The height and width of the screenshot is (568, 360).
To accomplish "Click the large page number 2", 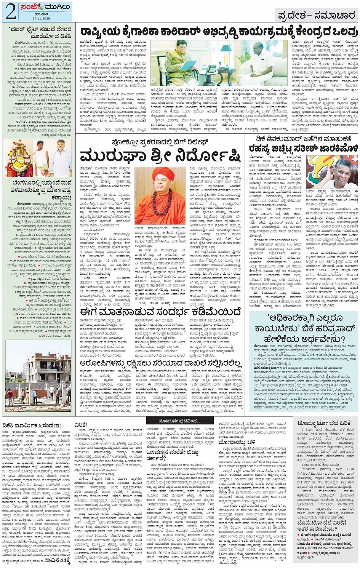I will pyautogui.click(x=11, y=11).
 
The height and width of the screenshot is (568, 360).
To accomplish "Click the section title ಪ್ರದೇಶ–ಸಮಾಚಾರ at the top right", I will pyautogui.click(x=317, y=16).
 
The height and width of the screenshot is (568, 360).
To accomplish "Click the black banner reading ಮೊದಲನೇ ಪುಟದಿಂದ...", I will pyautogui.click(x=180, y=421).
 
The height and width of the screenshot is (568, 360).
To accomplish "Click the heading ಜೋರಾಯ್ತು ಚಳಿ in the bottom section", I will pyautogui.click(x=237, y=442).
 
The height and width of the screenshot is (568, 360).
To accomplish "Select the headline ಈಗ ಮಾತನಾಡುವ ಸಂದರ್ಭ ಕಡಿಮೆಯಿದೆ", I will pyautogui.click(x=160, y=312).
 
